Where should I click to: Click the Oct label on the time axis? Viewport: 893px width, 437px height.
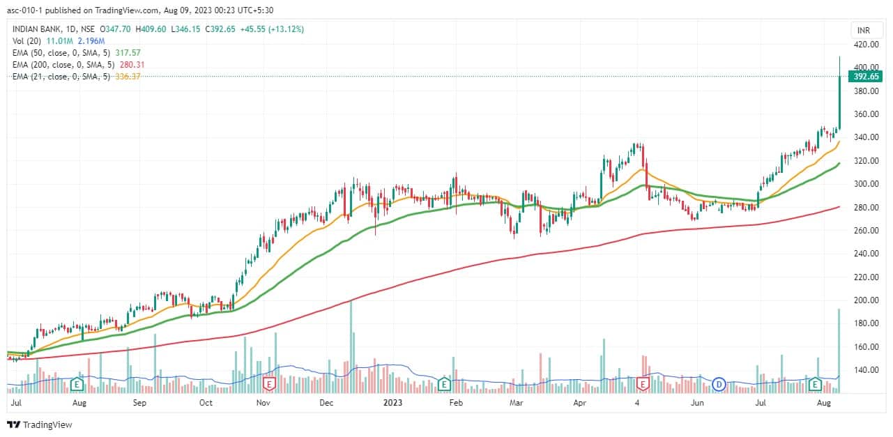tap(206, 403)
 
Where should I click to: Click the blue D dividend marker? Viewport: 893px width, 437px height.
tap(719, 383)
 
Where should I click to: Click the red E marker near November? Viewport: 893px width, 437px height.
tap(269, 383)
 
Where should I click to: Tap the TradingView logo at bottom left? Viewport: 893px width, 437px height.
tap(40, 424)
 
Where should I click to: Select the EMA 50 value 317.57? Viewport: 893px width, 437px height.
tap(126, 52)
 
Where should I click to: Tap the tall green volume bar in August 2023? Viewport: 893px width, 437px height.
tap(839, 348)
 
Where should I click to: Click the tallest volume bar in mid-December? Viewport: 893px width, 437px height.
tap(351, 345)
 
